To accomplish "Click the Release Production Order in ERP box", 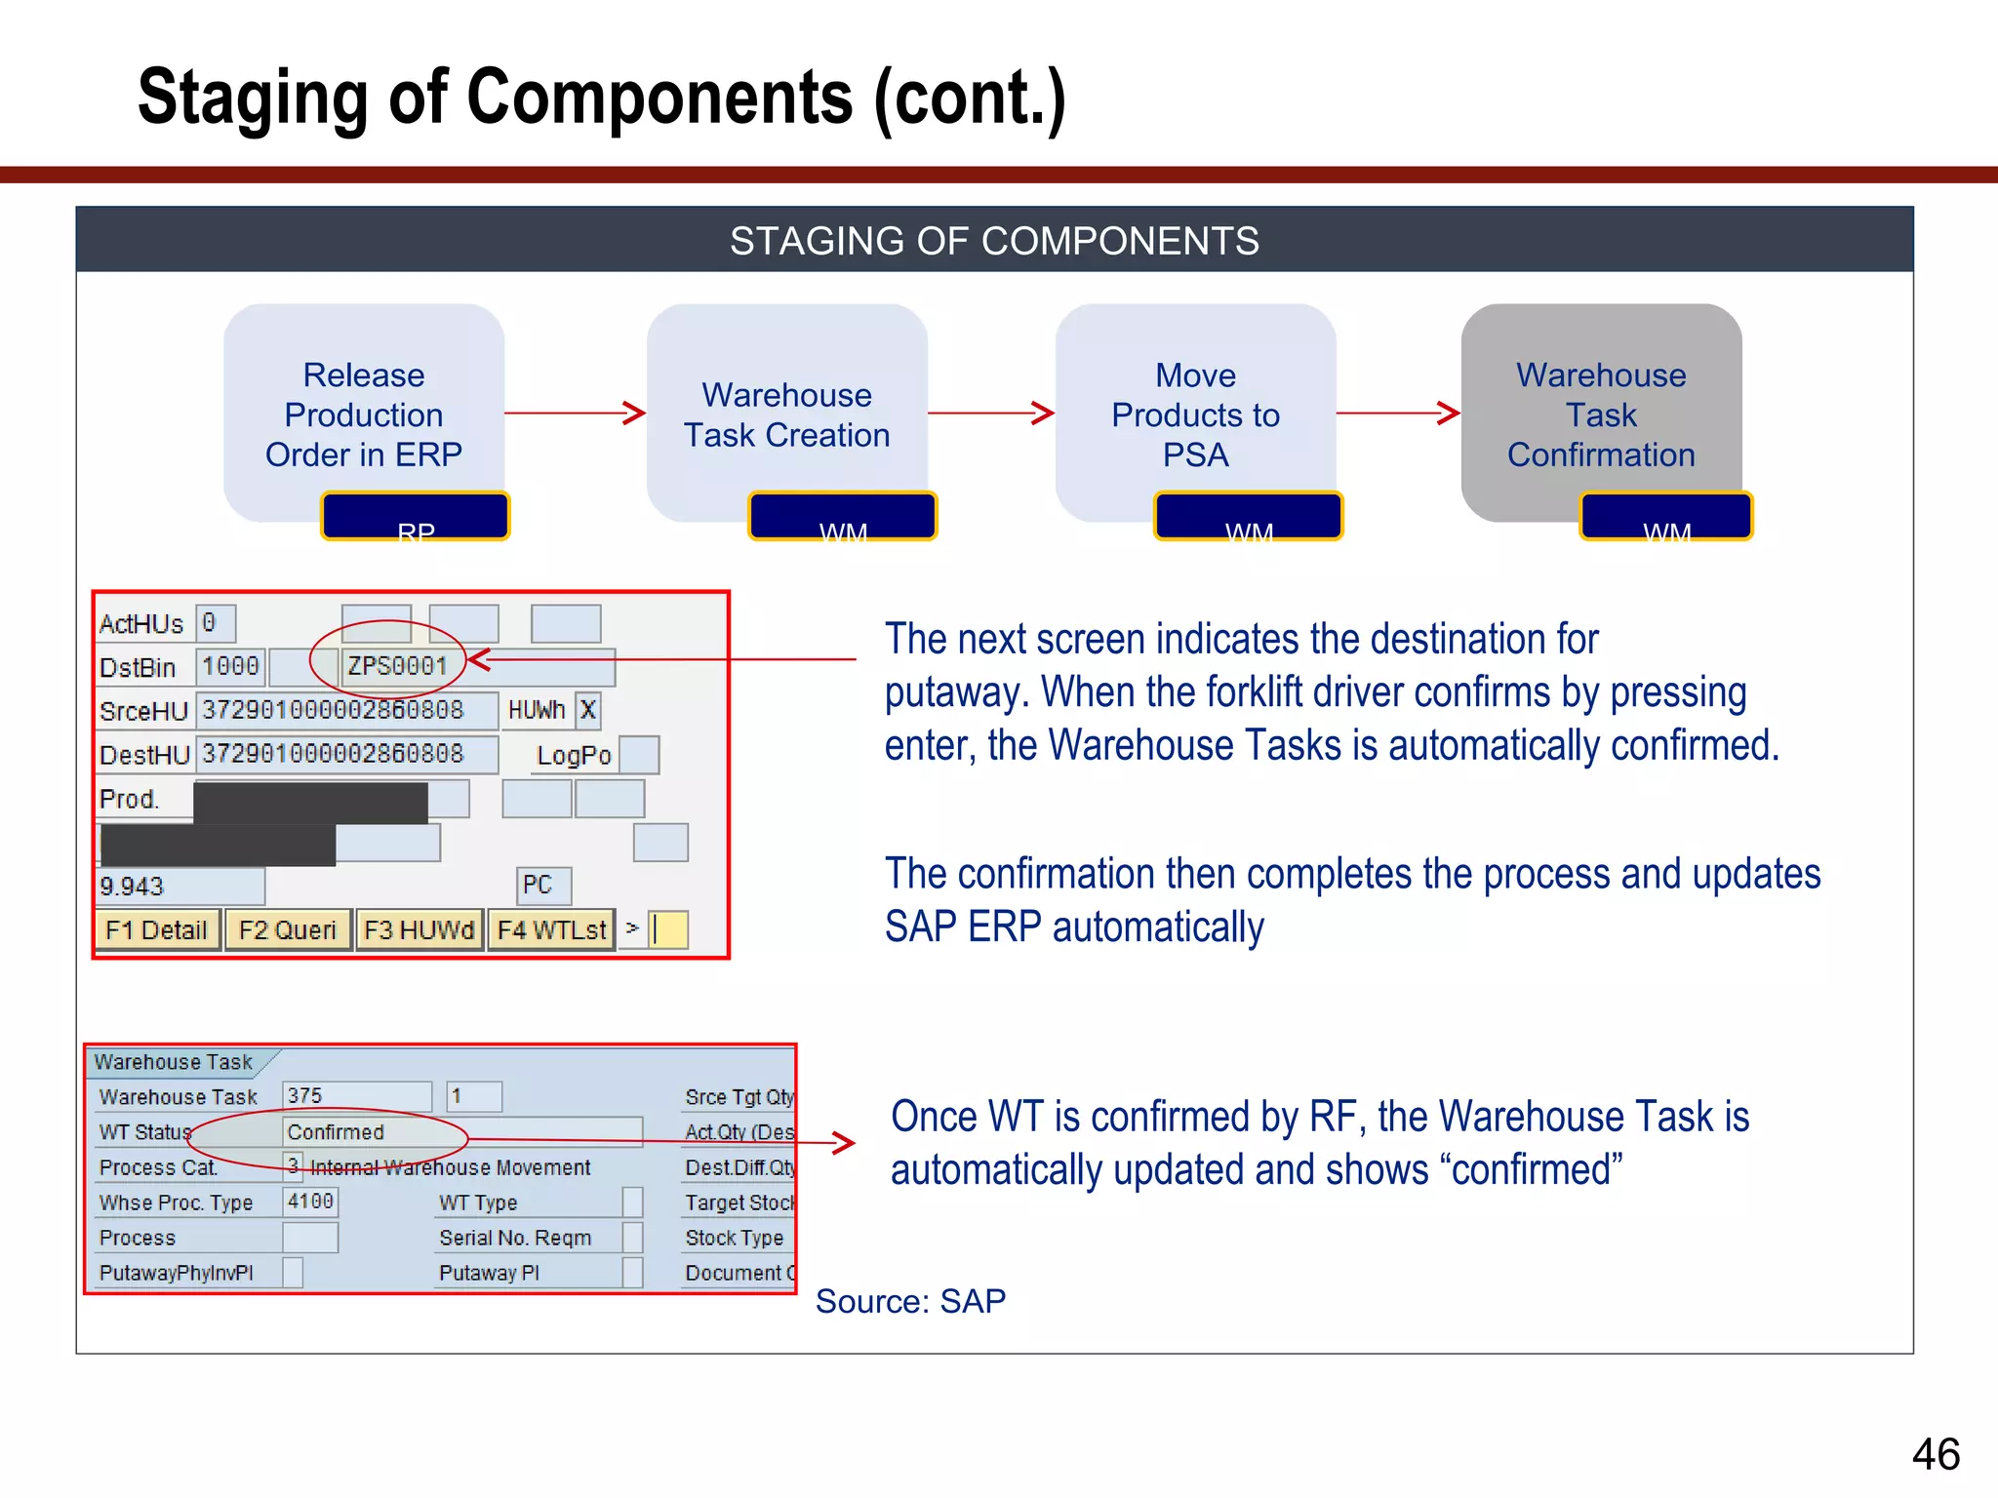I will point(363,414).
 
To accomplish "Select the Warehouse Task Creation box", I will point(786,414).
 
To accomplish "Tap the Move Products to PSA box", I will point(1195,414).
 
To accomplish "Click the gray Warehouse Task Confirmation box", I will point(1601,414).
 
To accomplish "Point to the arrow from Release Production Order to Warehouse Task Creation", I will point(575,414).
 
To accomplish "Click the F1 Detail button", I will point(157,929).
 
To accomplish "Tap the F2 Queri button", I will point(287,929).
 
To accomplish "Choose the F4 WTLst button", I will point(551,929).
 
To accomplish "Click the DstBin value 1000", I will point(230,666).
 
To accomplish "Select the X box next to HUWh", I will point(587,710).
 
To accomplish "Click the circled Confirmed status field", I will point(336,1132).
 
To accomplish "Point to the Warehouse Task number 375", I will point(305,1096).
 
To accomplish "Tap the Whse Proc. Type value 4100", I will point(310,1202).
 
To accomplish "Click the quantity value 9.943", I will point(133,887).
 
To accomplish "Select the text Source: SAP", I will point(910,1301).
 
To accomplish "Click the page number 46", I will point(1936,1454).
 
